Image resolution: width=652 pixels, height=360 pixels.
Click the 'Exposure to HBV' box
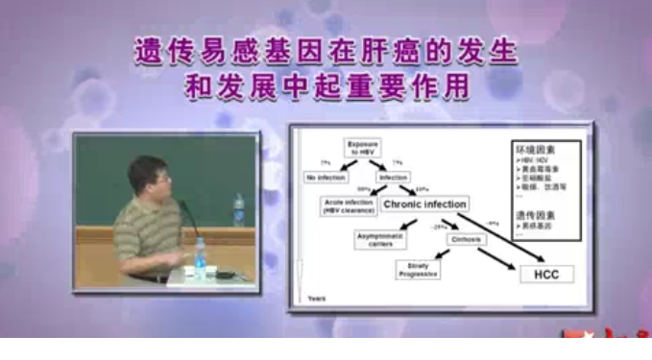pyautogui.click(x=364, y=150)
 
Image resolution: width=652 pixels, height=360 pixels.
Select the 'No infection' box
pyautogui.click(x=326, y=178)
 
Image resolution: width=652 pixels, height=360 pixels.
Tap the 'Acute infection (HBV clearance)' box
pyautogui.click(x=349, y=205)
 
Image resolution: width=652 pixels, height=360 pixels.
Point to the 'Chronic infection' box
pyautogui.click(x=424, y=204)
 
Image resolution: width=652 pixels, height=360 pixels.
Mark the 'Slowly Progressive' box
pyautogui.click(x=418, y=271)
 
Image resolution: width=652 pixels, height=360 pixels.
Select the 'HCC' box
pyautogui.click(x=546, y=275)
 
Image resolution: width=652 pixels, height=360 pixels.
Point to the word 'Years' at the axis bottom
pyautogui.click(x=316, y=300)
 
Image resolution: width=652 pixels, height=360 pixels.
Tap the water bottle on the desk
pyautogui.click(x=200, y=257)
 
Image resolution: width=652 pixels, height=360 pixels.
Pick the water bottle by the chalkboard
pyautogui.click(x=238, y=209)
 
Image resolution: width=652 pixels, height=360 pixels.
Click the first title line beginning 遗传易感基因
pyautogui.click(x=325, y=50)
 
